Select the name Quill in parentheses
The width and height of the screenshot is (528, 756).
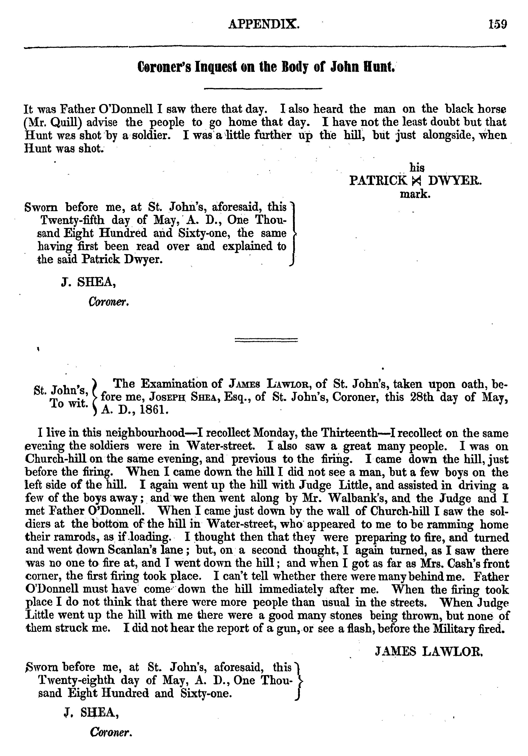point(65,122)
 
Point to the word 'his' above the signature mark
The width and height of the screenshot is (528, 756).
point(417,168)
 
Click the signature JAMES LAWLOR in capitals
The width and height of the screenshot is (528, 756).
point(429,651)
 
